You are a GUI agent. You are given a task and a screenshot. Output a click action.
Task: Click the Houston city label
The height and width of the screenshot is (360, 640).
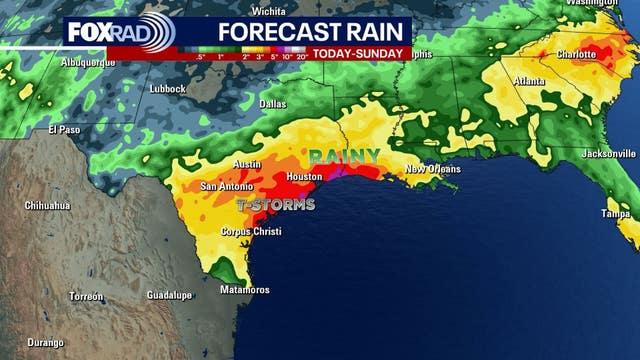click(x=303, y=177)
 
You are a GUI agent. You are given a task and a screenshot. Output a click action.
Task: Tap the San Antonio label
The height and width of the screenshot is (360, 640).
click(x=229, y=186)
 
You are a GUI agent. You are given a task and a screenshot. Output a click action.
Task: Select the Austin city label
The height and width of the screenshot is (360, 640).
click(x=246, y=164)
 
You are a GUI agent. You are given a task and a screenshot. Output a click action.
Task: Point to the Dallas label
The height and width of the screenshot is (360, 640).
click(x=272, y=104)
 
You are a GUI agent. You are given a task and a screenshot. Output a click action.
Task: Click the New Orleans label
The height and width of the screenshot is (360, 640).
click(x=432, y=170)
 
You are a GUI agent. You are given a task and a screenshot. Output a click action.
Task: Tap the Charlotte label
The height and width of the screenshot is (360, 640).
click(x=577, y=54)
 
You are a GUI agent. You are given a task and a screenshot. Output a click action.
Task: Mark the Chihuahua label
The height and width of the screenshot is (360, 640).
click(x=47, y=205)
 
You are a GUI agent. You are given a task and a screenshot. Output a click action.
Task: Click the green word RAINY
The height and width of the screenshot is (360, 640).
click(x=343, y=156)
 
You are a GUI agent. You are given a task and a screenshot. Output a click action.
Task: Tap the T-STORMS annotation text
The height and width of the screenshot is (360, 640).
click(x=275, y=205)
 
